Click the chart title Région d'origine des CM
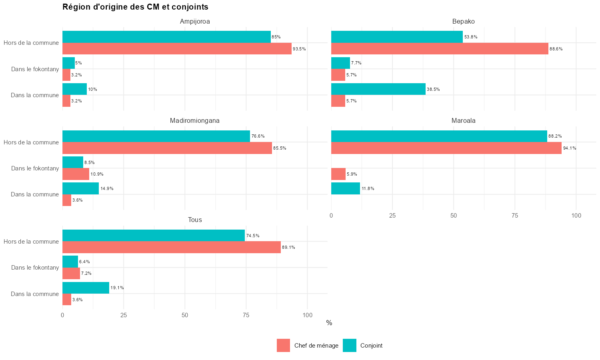[135, 7]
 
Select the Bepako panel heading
[463, 21]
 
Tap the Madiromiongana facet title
[195, 120]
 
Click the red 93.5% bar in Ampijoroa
[177, 49]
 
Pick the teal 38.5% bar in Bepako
[378, 89]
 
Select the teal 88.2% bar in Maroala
[439, 136]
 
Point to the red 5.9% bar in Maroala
[338, 174]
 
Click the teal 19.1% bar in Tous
[86, 288]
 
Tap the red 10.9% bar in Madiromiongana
[76, 174]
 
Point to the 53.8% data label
[471, 37]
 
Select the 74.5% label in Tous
[253, 236]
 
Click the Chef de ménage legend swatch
[283, 346]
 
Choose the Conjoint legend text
[371, 346]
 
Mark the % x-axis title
[329, 323]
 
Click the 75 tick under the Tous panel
[246, 315]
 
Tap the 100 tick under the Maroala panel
[576, 216]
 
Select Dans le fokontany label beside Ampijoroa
[35, 69]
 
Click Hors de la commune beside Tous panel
[31, 242]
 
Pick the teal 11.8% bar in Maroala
[346, 188]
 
